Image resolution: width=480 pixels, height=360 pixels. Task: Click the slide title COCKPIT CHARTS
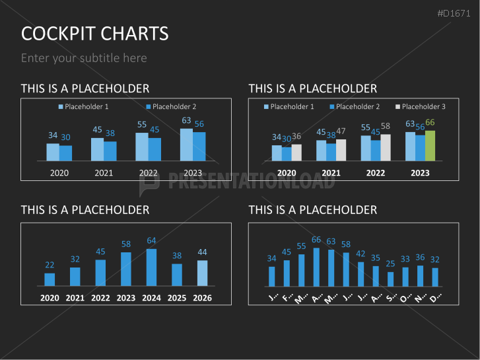(94, 34)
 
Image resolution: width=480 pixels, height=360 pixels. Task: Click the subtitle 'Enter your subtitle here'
(84, 58)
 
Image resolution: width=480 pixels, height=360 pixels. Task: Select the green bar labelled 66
(430, 145)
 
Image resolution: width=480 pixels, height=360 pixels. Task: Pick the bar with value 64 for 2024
(151, 267)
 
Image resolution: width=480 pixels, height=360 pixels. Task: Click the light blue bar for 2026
(202, 272)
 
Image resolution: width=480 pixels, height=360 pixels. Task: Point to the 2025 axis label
(177, 298)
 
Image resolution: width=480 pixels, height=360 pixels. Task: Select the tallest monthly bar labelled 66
(316, 267)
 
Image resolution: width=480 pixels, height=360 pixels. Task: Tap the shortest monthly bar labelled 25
(390, 279)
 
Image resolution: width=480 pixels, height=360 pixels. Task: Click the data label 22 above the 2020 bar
(50, 265)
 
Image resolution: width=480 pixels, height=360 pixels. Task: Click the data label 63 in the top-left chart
(186, 120)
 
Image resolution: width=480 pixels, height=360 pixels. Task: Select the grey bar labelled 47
(341, 150)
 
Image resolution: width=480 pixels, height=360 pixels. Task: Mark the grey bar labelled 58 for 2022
(386, 147)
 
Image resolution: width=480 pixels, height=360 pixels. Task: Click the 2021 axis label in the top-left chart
(104, 173)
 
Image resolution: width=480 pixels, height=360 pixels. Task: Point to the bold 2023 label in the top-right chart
(420, 173)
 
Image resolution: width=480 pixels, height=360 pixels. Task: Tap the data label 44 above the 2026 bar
(202, 252)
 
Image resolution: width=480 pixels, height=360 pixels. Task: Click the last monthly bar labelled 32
(435, 277)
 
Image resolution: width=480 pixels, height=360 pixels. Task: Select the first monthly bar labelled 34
(272, 276)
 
